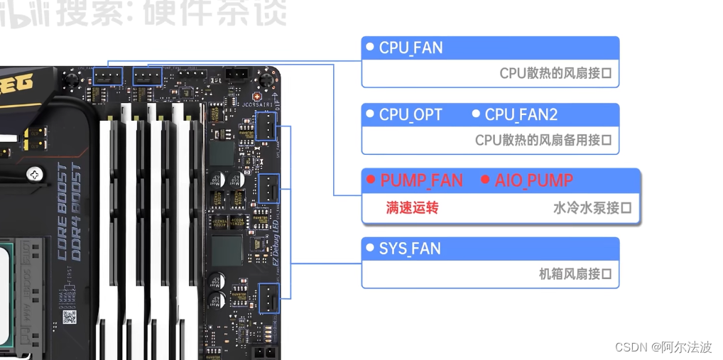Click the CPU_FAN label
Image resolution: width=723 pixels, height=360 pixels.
point(411,48)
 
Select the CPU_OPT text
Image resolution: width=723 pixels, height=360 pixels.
point(411,115)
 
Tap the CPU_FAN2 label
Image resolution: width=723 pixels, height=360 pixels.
point(521,115)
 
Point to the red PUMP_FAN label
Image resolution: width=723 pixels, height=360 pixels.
point(421,181)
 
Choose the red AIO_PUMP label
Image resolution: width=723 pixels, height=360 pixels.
point(534,181)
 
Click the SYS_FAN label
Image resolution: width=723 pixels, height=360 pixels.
point(410,249)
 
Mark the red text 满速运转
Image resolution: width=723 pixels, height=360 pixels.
point(412,208)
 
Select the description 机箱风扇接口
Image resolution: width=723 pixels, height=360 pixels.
point(575,274)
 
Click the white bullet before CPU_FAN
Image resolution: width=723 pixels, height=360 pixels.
point(369,47)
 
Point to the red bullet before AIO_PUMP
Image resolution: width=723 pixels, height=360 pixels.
point(486,180)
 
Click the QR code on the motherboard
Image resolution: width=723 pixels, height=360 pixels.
point(69,317)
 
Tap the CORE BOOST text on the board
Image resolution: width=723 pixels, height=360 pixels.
point(62,203)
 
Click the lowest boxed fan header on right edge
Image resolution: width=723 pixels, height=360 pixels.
point(268,298)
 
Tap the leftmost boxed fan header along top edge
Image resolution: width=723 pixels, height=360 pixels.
point(107,76)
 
